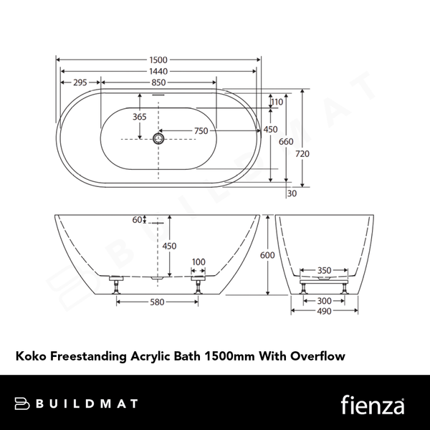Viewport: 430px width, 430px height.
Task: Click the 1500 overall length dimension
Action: [x=159, y=59]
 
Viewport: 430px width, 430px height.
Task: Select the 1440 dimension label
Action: [x=159, y=71]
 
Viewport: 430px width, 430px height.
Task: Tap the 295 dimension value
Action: [x=80, y=83]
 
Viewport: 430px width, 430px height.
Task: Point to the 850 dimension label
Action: [x=159, y=83]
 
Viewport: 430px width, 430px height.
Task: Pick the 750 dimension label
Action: [x=201, y=130]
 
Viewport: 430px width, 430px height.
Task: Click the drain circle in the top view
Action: [x=159, y=138]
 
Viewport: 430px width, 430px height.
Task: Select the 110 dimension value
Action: [x=277, y=102]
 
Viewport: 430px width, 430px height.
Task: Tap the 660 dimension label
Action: [x=286, y=141]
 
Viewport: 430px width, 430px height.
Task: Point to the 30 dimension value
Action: [x=291, y=193]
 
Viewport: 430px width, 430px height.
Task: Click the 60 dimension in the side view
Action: [x=136, y=220]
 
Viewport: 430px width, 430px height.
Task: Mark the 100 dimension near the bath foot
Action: [x=199, y=262]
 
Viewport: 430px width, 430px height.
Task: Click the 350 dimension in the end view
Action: [x=324, y=271]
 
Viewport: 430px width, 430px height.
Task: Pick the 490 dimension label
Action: [x=324, y=312]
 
